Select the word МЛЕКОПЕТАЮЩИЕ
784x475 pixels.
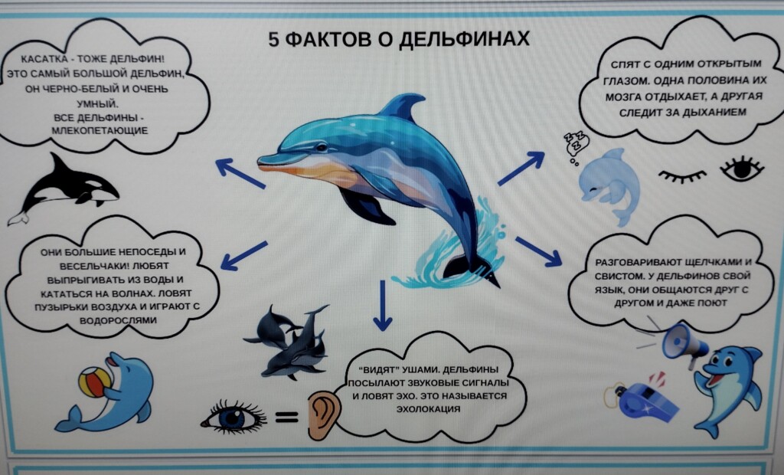pos(100,131)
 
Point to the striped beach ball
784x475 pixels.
pos(94,382)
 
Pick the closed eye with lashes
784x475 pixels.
pos(681,175)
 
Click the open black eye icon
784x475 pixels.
pos(742,169)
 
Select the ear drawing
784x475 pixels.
pos(324,414)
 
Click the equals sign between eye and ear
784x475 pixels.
pos(286,417)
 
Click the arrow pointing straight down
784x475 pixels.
pos(383,306)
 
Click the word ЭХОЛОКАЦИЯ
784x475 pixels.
pos(428,409)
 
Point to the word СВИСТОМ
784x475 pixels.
pos(618,277)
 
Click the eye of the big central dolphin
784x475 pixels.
pos(321,147)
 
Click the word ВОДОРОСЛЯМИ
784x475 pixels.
pos(118,320)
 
